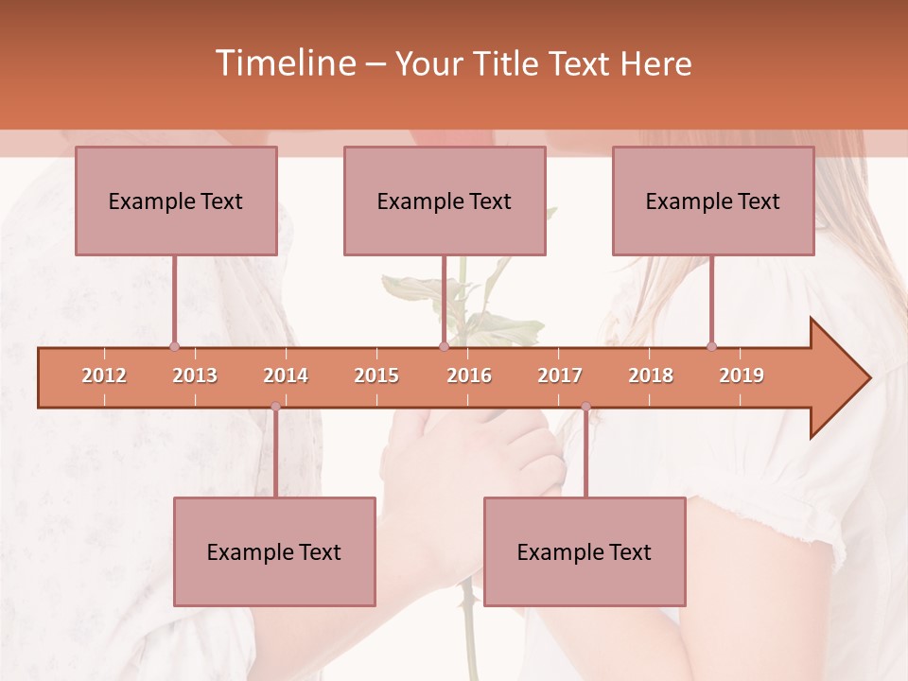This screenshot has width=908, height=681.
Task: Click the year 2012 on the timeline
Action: pos(104,375)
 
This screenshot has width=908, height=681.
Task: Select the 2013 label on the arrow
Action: pos(195,375)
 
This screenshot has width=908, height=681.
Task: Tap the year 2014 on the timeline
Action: pos(286,375)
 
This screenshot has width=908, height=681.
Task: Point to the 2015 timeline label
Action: pos(376,375)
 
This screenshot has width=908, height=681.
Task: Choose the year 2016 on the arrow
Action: pos(469,375)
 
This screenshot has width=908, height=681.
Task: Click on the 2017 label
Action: pos(560,375)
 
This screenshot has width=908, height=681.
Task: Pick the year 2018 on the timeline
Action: pos(651,375)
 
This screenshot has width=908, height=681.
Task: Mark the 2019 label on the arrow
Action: pos(742,375)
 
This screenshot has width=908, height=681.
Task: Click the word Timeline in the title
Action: pos(284,63)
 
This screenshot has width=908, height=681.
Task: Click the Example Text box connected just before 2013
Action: pos(176,201)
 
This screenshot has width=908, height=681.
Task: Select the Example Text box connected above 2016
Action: pos(445,201)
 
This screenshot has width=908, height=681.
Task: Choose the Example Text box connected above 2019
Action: pos(713,201)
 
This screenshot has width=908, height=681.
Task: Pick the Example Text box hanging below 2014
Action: pos(274,551)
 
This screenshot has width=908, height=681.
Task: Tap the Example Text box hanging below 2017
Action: pos(585,551)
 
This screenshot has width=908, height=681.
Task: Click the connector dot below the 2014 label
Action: pos(275,407)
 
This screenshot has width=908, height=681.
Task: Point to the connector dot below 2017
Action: pos(585,407)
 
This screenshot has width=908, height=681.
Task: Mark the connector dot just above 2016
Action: pos(444,346)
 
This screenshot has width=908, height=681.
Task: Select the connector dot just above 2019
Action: pos(711,346)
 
